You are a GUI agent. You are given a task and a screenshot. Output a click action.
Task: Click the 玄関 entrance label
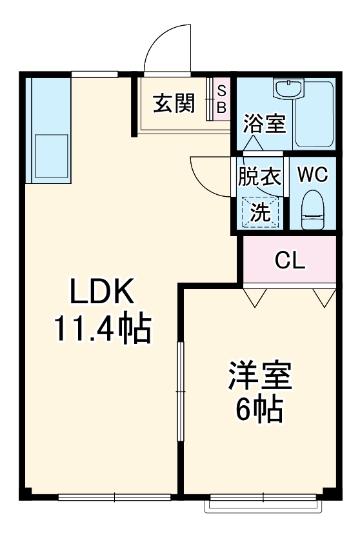[174, 103]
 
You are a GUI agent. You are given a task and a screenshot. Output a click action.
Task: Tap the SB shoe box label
[221, 99]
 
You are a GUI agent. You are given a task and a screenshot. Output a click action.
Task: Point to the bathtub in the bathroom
[314, 114]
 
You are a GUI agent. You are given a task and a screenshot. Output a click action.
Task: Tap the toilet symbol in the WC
[313, 210]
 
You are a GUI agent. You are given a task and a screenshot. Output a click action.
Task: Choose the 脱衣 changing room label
[260, 176]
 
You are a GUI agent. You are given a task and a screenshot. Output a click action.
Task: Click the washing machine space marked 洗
[260, 212]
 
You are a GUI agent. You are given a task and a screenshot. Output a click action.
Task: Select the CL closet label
[290, 260]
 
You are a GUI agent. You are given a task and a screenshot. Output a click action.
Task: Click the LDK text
[103, 292]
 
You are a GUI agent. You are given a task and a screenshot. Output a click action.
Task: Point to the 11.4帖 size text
[103, 328]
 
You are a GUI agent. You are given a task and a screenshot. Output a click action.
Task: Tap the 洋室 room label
[260, 376]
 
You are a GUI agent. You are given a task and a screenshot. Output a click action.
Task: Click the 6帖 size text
[260, 410]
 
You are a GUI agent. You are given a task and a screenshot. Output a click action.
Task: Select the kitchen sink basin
[51, 156]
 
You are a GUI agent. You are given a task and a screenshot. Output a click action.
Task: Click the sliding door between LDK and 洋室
[181, 391]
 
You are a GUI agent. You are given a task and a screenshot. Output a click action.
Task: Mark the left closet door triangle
[255, 297]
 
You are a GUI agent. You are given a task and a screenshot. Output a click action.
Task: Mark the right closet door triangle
[324, 297]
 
